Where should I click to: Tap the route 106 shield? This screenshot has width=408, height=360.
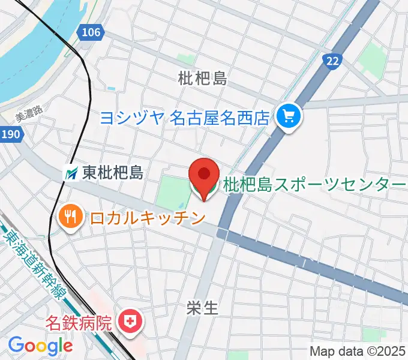[x=91, y=32]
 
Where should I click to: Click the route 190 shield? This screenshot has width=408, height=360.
[x=10, y=134]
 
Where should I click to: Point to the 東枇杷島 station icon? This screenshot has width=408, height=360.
[x=71, y=174]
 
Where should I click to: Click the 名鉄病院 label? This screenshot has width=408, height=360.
[x=80, y=323]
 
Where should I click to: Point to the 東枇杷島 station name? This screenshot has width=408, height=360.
[x=113, y=174]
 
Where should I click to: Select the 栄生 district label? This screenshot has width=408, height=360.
[x=202, y=308]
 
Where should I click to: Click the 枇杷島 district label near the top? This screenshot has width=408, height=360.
[x=202, y=77]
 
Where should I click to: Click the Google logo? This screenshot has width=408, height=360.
[x=40, y=345]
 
